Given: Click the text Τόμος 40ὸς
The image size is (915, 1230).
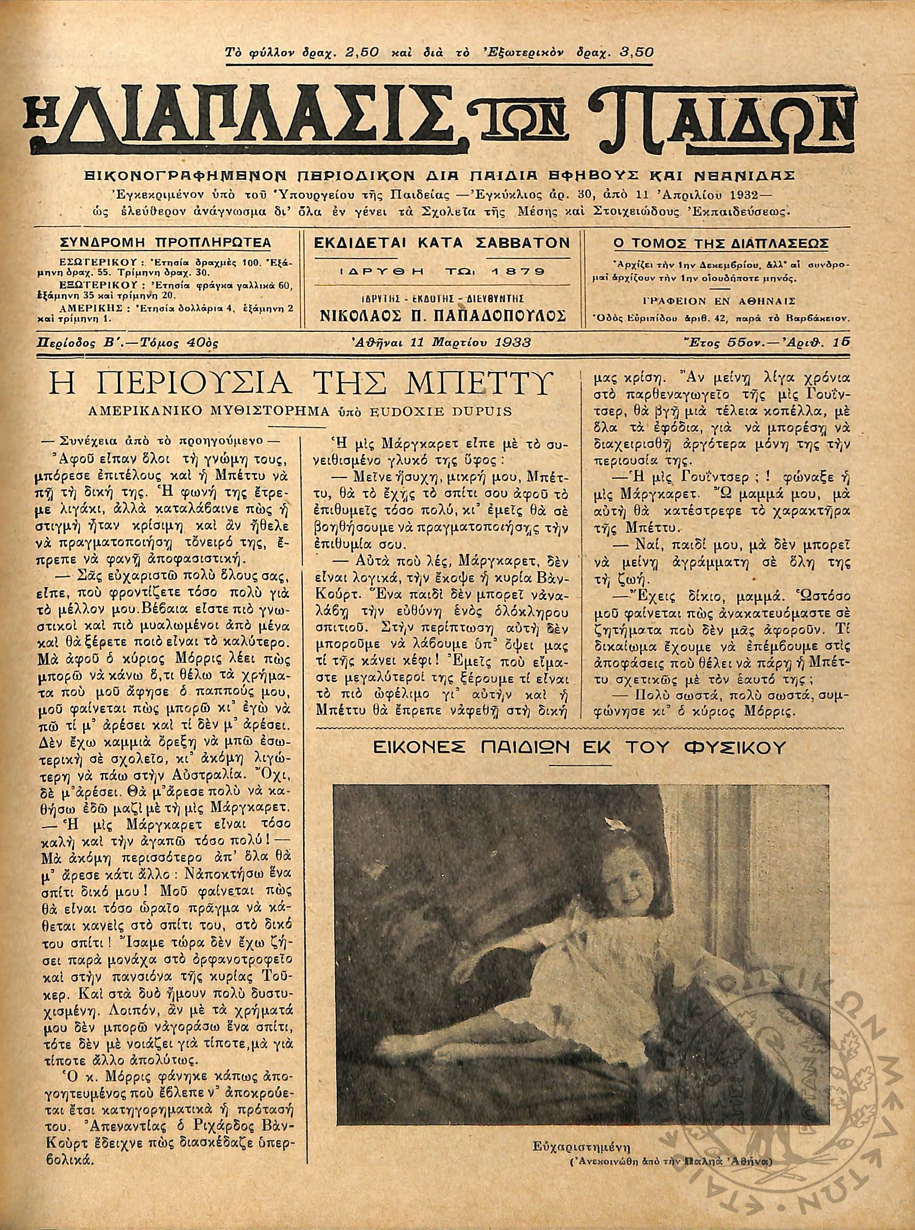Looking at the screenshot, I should (x=188, y=343).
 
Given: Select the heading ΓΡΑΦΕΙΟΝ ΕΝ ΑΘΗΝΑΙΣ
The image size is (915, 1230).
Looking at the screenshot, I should (x=719, y=302).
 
